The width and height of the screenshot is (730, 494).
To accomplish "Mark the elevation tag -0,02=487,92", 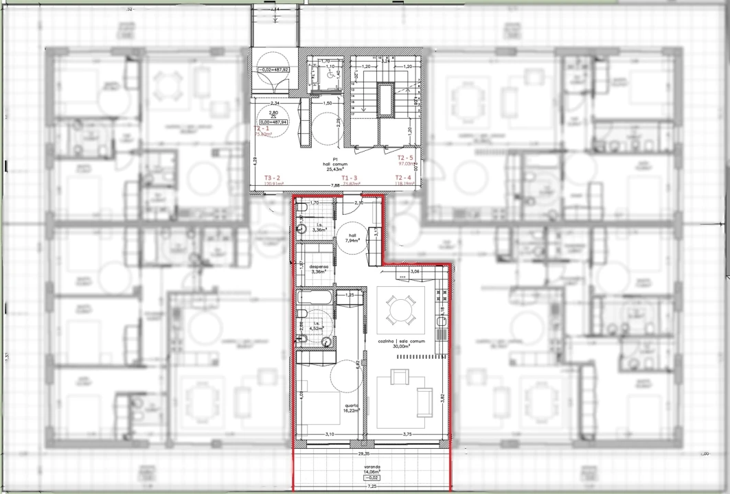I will [x=273, y=70].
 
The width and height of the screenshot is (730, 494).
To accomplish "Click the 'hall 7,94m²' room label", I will [x=353, y=237].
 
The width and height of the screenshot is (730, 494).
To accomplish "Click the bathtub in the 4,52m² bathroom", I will [x=316, y=298].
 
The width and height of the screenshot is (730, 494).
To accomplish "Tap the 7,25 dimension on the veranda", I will [x=372, y=486].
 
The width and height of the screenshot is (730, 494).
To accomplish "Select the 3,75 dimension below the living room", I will [x=407, y=434].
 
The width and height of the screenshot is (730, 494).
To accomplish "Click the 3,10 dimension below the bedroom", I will [x=329, y=434].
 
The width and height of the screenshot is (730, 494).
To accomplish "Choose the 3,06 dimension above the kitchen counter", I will [x=414, y=272].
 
